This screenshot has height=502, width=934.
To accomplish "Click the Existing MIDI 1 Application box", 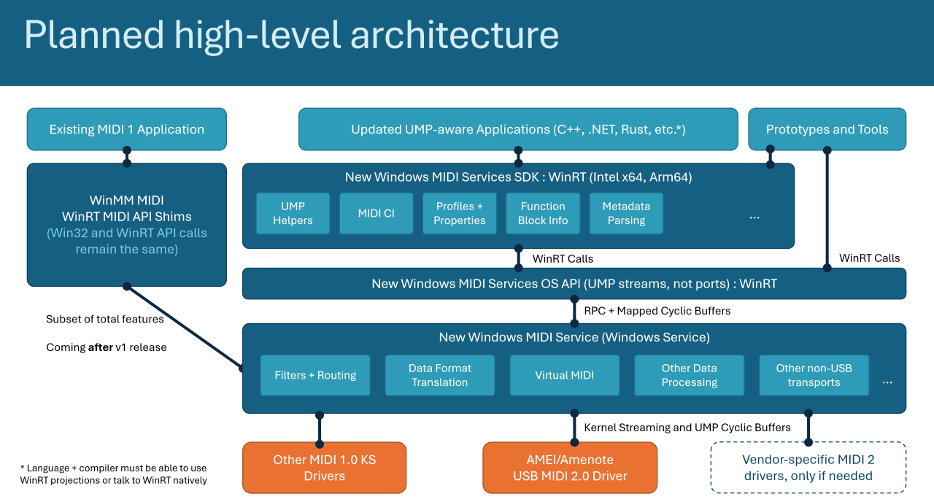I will (126, 129).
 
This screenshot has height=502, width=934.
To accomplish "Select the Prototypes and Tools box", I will (827, 129).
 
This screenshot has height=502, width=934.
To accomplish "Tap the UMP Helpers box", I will (293, 213).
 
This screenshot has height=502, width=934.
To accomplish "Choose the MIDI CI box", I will (376, 213).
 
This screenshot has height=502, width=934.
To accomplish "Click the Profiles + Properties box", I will (459, 213).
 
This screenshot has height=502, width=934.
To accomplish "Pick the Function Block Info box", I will (542, 213).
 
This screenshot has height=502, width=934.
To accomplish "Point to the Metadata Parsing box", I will (626, 213).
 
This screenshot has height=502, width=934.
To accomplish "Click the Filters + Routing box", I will (315, 375).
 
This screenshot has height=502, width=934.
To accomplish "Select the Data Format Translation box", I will (439, 375).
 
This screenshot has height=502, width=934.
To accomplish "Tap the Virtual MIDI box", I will (564, 375).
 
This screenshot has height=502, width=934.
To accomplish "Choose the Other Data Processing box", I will (689, 375).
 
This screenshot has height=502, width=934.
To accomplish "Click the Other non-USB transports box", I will (814, 375).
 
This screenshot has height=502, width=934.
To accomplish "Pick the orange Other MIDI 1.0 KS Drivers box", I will (324, 468).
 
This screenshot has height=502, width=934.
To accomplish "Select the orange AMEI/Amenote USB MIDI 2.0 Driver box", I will (570, 468).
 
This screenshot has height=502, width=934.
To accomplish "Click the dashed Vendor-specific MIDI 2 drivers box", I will (808, 468).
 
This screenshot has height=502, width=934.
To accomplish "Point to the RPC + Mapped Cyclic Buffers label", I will (657, 311).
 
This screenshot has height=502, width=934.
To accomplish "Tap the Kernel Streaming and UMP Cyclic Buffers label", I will (687, 428).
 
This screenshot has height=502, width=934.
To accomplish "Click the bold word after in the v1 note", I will (101, 347).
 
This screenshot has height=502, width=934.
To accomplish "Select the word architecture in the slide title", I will (455, 35).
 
